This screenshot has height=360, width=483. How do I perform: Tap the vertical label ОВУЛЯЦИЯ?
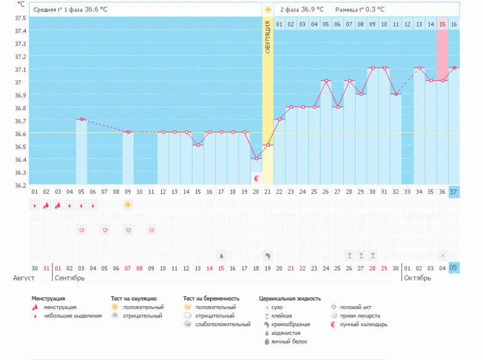(268, 37)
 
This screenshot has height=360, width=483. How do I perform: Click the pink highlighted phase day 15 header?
(442, 24)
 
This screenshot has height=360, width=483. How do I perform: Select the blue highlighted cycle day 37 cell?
(454, 191)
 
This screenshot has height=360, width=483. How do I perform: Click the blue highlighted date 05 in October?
(454, 268)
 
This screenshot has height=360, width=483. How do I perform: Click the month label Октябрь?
(417, 278)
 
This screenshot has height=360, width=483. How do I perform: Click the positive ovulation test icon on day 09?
(128, 205)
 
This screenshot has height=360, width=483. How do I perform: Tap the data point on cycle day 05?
(82, 119)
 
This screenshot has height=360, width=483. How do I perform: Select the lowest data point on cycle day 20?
(256, 158)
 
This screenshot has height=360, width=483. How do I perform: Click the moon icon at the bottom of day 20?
(256, 179)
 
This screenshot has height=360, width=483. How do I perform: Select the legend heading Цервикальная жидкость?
(290, 299)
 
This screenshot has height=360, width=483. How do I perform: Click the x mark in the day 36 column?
(442, 255)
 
